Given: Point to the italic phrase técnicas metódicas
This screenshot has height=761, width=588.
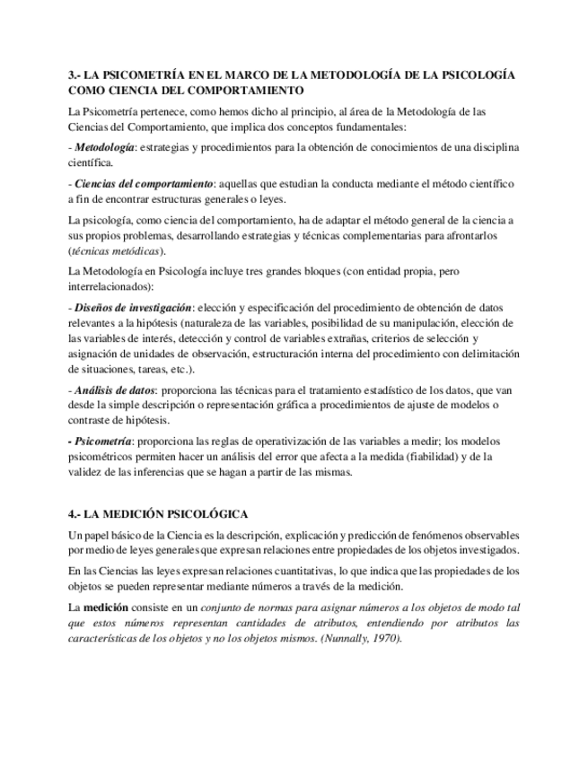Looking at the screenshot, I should pyautogui.click(x=115, y=250).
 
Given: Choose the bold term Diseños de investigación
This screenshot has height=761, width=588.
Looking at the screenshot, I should pyautogui.click(x=132, y=306).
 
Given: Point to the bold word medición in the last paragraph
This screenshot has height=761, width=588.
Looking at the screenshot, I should pyautogui.click(x=107, y=607).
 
